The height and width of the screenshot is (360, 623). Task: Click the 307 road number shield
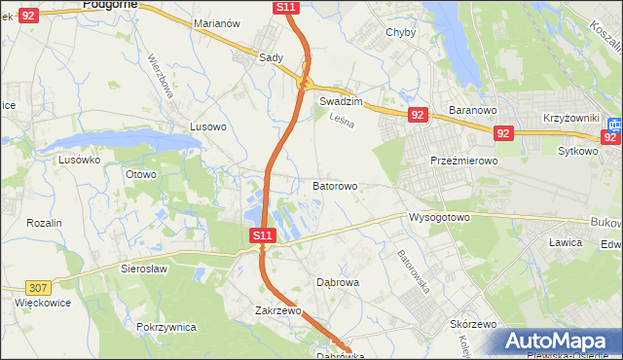[x=39, y=287]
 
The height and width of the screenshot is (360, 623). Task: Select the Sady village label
[x=271, y=57]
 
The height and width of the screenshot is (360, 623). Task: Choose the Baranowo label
[x=473, y=110]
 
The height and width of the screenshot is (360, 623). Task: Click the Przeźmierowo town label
[x=464, y=161]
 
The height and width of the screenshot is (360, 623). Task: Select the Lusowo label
[x=208, y=126]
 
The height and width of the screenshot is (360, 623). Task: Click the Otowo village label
[x=141, y=174]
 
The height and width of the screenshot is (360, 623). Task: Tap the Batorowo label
[x=335, y=185]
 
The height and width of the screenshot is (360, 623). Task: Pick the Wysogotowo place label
[x=440, y=216]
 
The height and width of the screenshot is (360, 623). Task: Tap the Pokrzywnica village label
[x=167, y=327]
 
